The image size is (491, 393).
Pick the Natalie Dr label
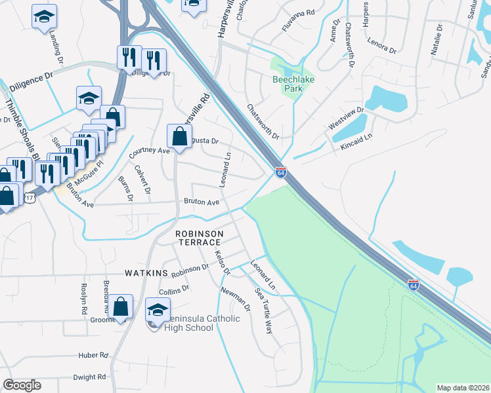[438, 39]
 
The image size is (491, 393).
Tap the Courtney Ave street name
[149, 151]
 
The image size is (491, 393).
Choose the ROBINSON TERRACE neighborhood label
[199, 238]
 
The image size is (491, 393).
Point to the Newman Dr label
[235, 299]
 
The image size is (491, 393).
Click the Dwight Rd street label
[90, 377]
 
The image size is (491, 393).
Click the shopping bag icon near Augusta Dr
[179, 136]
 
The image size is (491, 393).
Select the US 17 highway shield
[30, 197]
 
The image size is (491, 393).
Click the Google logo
[22, 385]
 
